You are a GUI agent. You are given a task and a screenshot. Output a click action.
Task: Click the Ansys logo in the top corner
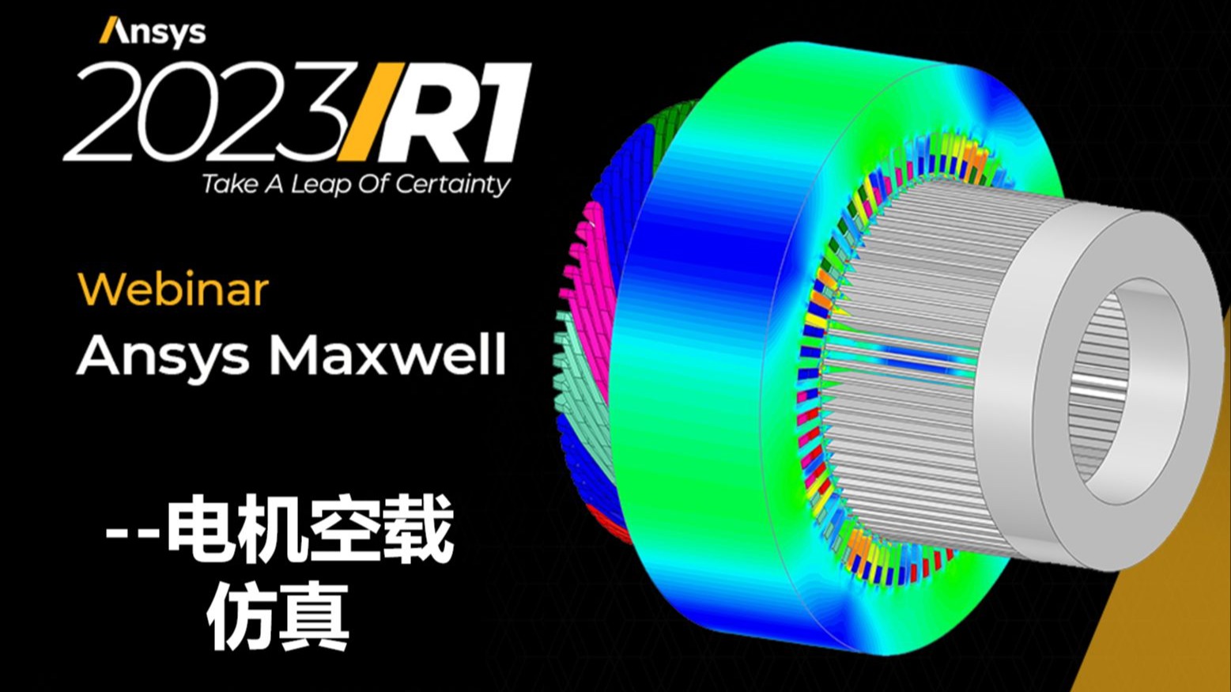tap(153, 32)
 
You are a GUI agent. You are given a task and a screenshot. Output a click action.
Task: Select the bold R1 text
tap(462, 112)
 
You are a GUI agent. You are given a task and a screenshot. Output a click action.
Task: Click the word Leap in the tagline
tap(321, 185)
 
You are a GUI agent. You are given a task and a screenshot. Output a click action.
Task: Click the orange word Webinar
tap(173, 289)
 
